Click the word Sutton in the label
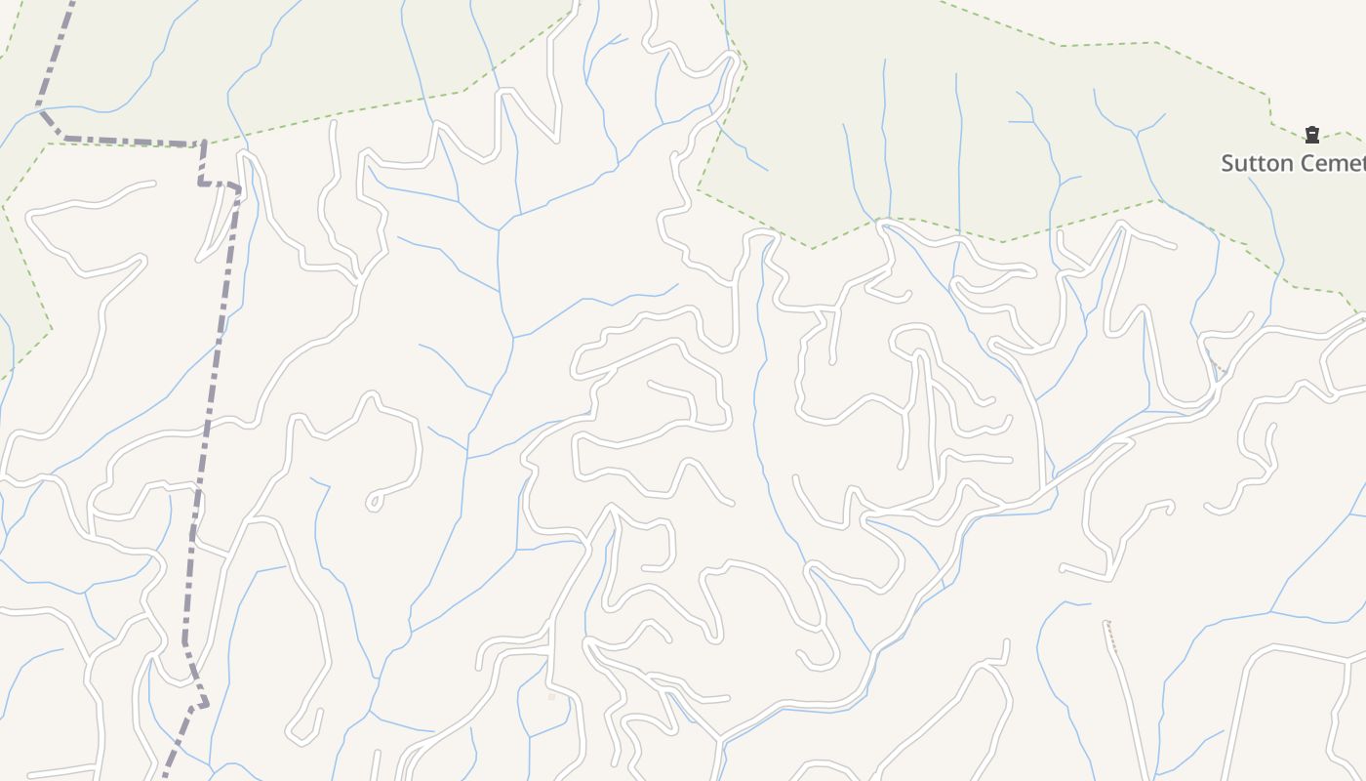pyautogui.click(x=1254, y=163)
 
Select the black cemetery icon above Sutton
pyautogui.click(x=1312, y=135)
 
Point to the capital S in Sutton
pyautogui.click(x=1228, y=163)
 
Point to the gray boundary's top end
pyautogui.click(x=70, y=3)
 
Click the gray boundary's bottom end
pyautogui.click(x=163, y=777)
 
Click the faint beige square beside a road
pyautogui.click(x=551, y=696)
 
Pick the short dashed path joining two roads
pyautogui.click(x=1215, y=362)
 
